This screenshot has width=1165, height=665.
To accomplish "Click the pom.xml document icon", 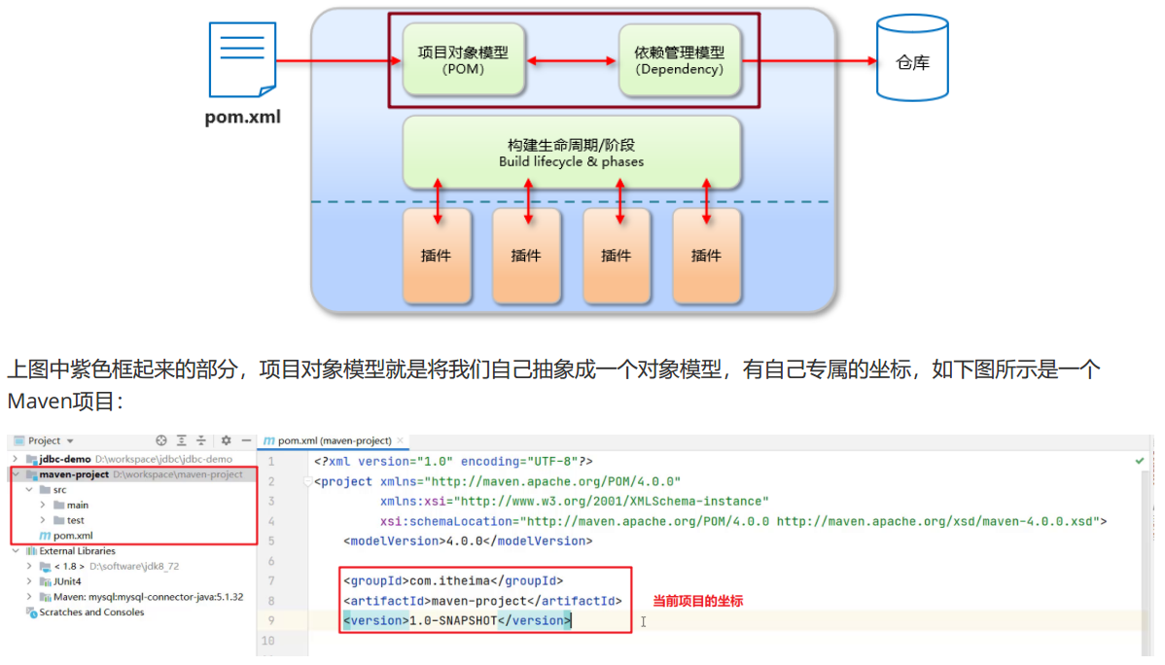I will click(x=242, y=59).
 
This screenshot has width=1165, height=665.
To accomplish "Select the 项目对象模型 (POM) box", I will click(x=463, y=60).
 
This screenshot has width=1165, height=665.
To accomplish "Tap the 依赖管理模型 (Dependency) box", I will click(x=679, y=60).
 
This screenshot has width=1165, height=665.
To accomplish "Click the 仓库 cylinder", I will click(x=911, y=59).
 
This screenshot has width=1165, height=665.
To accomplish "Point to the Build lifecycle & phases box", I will click(x=572, y=152).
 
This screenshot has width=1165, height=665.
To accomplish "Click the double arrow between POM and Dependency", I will click(x=571, y=61).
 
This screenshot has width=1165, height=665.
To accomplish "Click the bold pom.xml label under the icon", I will click(x=242, y=118).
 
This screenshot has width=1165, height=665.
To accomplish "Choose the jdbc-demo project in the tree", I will click(x=65, y=459).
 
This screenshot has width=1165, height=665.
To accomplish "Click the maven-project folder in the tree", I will click(x=74, y=474).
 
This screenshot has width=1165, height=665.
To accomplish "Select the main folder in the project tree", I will click(x=78, y=505).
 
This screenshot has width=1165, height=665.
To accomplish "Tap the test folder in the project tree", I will click(x=76, y=520).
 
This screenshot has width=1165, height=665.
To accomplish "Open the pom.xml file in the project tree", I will click(x=73, y=536).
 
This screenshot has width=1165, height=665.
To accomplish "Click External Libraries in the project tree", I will click(x=77, y=551).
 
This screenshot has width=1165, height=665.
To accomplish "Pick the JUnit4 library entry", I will click(x=67, y=581).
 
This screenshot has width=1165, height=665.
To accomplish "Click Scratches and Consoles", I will click(x=91, y=612).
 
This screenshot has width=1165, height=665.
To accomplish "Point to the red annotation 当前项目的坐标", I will click(x=697, y=602).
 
